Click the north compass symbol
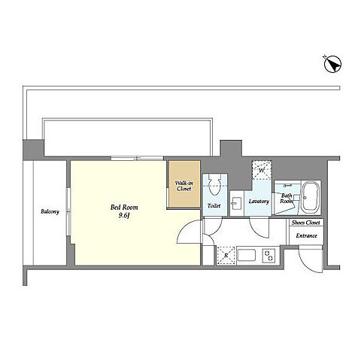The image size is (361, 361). [332, 65]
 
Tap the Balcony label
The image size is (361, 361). [50, 211]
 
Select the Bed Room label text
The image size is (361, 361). [124, 208]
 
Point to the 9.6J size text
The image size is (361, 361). [124, 215]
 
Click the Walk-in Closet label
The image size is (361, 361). [184, 186]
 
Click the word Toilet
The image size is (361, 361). [214, 206]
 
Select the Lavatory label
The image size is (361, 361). [259, 202]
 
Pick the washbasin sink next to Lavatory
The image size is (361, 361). [237, 202]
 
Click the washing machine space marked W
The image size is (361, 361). [262, 170]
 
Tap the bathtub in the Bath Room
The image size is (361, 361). [311, 198]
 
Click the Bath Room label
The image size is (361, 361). [287, 199]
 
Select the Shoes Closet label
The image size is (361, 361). [306, 223]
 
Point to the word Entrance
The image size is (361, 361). [306, 235]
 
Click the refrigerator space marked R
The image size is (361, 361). [226, 256]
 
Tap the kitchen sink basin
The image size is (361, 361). [246, 255]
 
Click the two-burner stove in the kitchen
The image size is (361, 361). [268, 256]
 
